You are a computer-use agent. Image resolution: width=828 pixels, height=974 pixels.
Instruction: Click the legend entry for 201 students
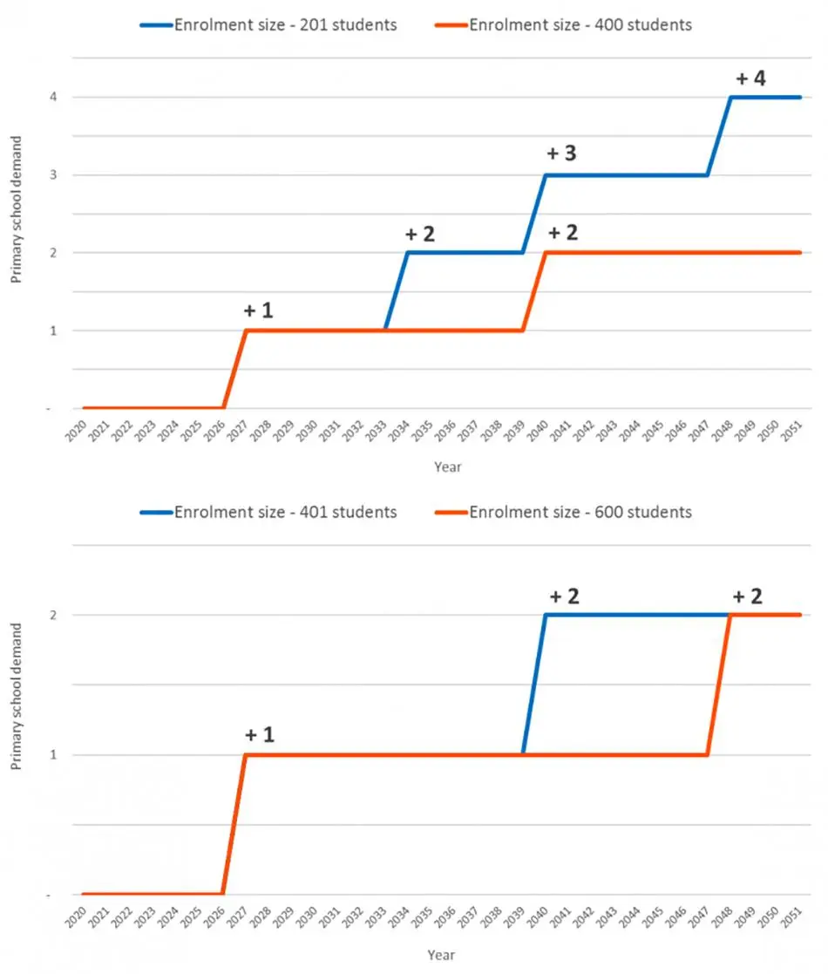[x=268, y=24]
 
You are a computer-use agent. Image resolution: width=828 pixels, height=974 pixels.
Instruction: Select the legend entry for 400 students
[x=563, y=24]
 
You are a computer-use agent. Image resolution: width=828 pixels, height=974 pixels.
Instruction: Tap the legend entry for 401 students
[x=268, y=512]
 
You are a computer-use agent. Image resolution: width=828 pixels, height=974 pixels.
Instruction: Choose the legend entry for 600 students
[x=563, y=512]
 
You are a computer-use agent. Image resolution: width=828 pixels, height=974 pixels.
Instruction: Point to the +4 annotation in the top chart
[x=750, y=78]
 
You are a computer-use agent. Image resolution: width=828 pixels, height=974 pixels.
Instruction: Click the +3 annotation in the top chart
[x=561, y=153]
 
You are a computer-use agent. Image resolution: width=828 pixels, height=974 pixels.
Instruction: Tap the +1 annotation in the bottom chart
[x=259, y=735]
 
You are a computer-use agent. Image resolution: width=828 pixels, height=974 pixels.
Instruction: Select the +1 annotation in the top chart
[x=258, y=310]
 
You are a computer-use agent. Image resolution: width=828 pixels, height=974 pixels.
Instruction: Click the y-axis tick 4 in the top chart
[x=53, y=97]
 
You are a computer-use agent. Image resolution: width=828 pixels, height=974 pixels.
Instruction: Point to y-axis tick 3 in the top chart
[x=53, y=174]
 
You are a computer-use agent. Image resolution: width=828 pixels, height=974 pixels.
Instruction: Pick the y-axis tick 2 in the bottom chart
[x=53, y=615]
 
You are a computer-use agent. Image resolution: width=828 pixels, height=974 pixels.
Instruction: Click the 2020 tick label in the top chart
[x=77, y=431]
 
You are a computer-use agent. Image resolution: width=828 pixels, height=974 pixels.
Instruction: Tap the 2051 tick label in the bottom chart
[x=791, y=917]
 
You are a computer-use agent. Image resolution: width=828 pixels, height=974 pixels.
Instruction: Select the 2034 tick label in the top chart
[x=399, y=431]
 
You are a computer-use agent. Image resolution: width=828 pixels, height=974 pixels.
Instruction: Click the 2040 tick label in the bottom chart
[x=538, y=917]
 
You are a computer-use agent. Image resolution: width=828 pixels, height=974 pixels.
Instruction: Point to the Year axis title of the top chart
[x=447, y=467]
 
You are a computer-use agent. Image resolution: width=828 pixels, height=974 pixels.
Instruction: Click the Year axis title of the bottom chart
[x=441, y=955]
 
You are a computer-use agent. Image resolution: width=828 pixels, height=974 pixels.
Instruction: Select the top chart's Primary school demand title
[x=17, y=209]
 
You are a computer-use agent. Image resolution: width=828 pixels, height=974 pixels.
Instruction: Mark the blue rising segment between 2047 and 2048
[x=719, y=136]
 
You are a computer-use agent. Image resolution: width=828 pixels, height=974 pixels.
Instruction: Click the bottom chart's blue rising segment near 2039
[x=534, y=685]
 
